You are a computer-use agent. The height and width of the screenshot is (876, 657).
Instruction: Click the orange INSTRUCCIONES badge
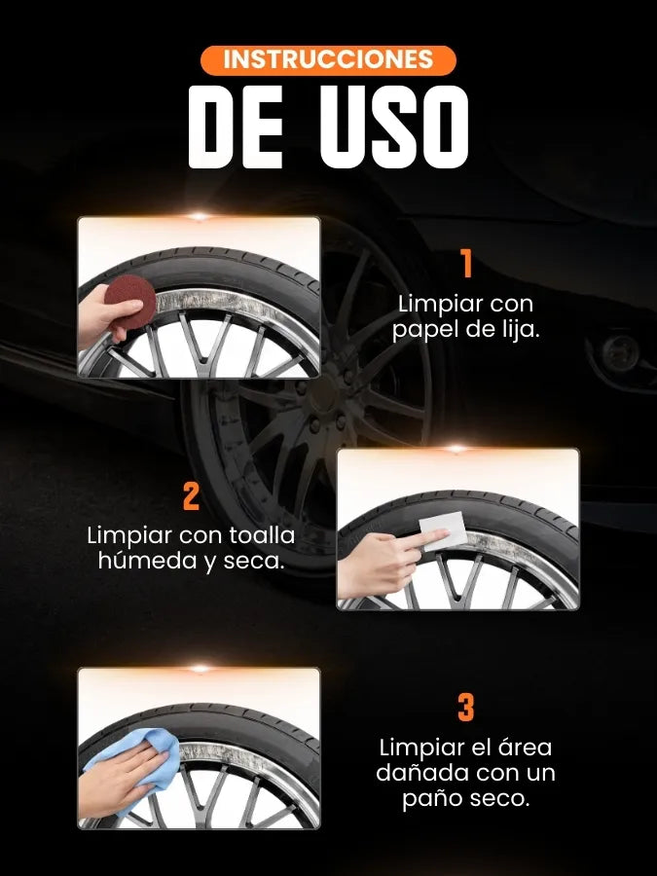click(x=328, y=59)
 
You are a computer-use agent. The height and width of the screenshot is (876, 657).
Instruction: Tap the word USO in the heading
click(x=394, y=128)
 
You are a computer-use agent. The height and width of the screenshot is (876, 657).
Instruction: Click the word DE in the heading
click(x=236, y=128)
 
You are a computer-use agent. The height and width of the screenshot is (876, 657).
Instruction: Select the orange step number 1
click(x=466, y=264)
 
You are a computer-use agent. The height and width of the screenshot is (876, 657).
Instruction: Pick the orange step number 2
click(x=191, y=495)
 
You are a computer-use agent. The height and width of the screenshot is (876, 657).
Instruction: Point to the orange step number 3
click(x=466, y=708)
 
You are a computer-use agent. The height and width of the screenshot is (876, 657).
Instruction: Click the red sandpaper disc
click(x=130, y=301)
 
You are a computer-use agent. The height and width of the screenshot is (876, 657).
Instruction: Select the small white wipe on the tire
click(x=444, y=530)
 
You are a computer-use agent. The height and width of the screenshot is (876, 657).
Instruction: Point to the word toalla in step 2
click(x=262, y=535)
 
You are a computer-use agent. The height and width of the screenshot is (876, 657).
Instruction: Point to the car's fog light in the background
click(x=621, y=352)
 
